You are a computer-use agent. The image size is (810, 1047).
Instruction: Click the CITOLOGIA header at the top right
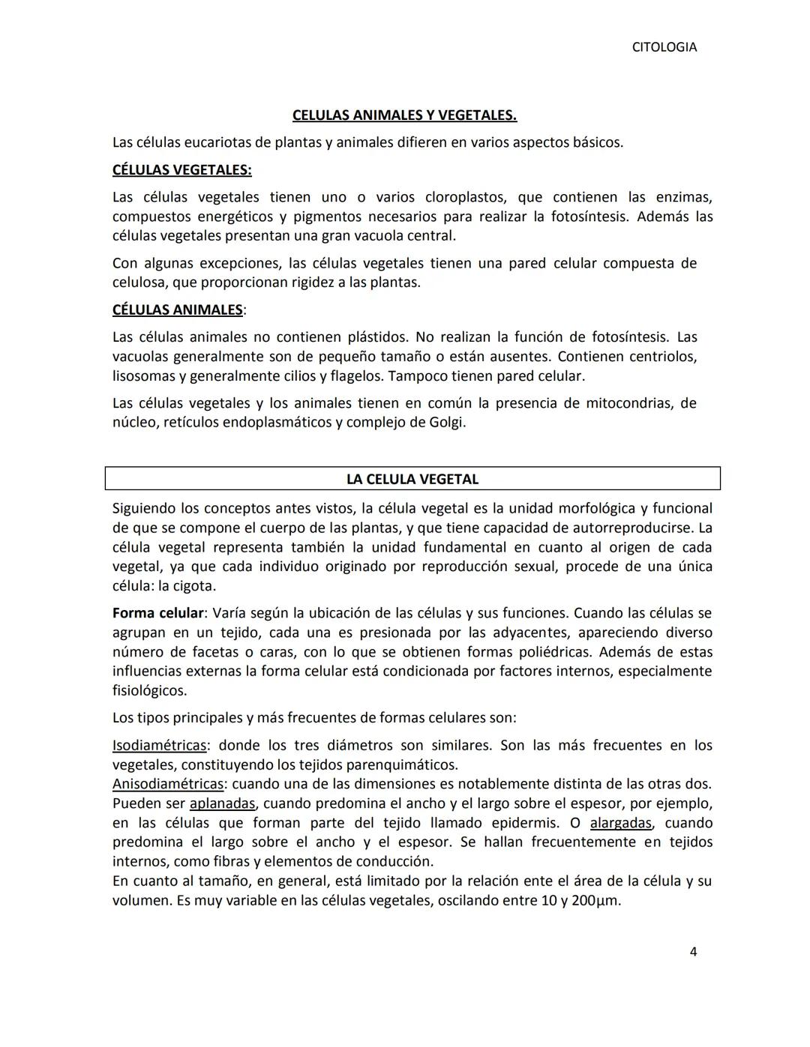(664, 47)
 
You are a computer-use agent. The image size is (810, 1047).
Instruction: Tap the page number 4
(693, 952)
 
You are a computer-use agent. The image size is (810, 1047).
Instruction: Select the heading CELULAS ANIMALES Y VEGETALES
(404, 115)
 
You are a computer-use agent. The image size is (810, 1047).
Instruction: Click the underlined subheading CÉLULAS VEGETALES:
(181, 169)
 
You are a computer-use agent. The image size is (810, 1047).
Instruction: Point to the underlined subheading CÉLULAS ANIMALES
(177, 310)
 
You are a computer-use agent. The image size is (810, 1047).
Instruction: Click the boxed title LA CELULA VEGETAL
(412, 479)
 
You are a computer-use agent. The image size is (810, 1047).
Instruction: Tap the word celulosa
(139, 283)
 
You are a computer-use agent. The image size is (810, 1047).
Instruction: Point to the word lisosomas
(142, 376)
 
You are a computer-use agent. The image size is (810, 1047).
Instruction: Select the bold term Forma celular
(157, 613)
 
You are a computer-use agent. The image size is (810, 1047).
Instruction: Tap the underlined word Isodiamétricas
(159, 746)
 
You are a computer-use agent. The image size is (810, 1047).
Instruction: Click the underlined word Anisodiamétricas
(167, 784)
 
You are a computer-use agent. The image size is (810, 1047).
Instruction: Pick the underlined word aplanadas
(223, 803)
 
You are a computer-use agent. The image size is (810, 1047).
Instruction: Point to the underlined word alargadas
(621, 823)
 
